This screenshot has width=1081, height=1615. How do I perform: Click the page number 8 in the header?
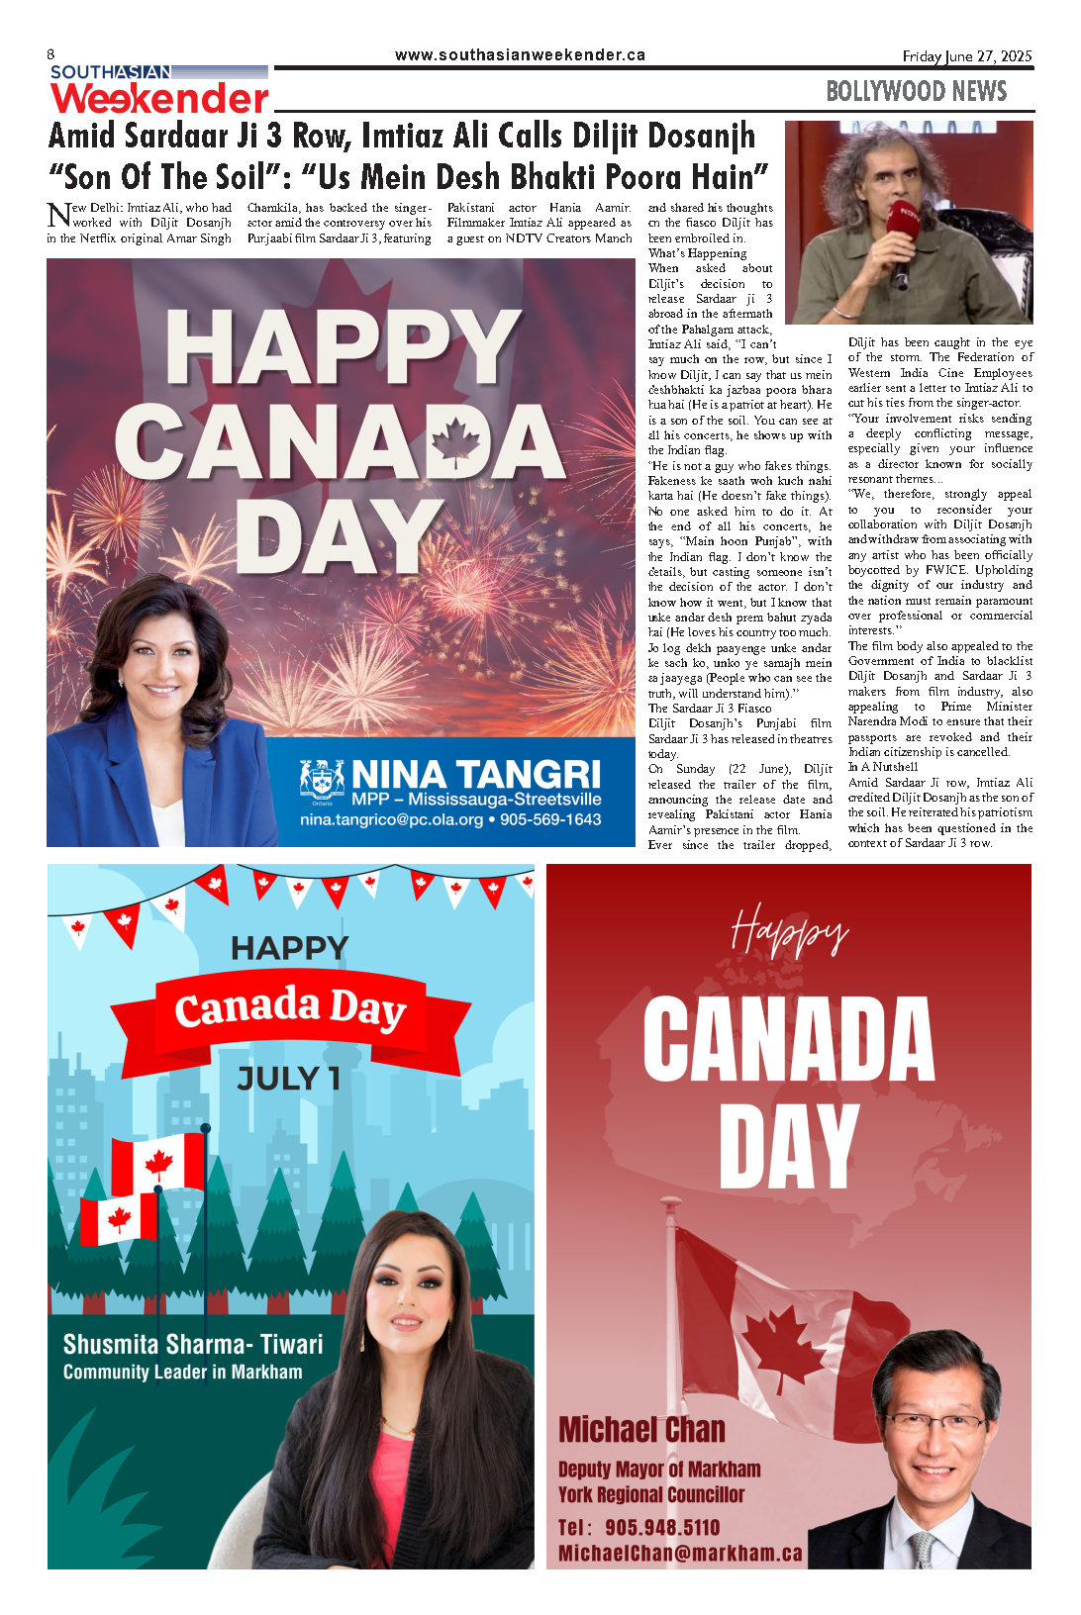click(x=50, y=54)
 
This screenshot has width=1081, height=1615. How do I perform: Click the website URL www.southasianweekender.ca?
click(x=520, y=55)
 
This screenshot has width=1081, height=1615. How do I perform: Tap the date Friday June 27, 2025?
click(x=966, y=56)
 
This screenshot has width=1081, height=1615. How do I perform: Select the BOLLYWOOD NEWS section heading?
click(x=916, y=92)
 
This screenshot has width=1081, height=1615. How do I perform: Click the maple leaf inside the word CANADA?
click(x=455, y=442)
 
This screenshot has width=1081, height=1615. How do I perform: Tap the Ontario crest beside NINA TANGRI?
click(x=322, y=780)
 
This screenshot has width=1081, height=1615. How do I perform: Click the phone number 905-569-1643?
click(x=550, y=820)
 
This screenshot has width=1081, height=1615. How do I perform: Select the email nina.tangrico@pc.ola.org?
click(x=392, y=820)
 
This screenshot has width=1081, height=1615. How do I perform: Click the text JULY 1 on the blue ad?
click(x=288, y=1078)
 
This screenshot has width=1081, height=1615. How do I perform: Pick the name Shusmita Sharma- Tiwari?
click(x=193, y=1344)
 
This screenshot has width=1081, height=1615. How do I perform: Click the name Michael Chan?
click(x=641, y=1430)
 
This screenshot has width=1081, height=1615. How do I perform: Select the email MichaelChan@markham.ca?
click(x=680, y=1553)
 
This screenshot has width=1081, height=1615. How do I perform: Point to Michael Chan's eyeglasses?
click(x=935, y=1425)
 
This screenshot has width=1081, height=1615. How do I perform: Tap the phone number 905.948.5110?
click(x=662, y=1528)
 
